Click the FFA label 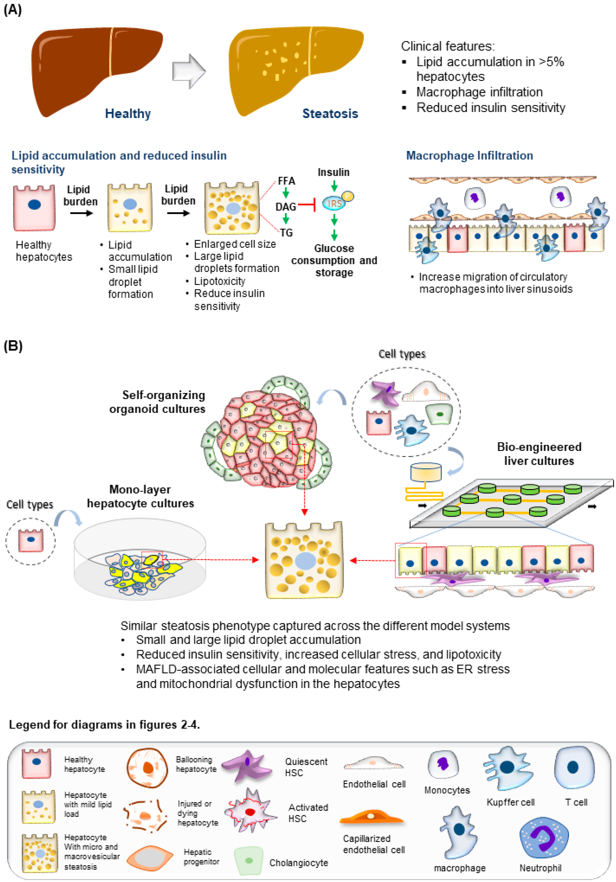click(286, 181)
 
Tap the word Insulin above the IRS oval click(333, 172)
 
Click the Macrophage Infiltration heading click(469, 156)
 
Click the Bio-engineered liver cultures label click(539, 454)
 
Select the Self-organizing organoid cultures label click(158, 402)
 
